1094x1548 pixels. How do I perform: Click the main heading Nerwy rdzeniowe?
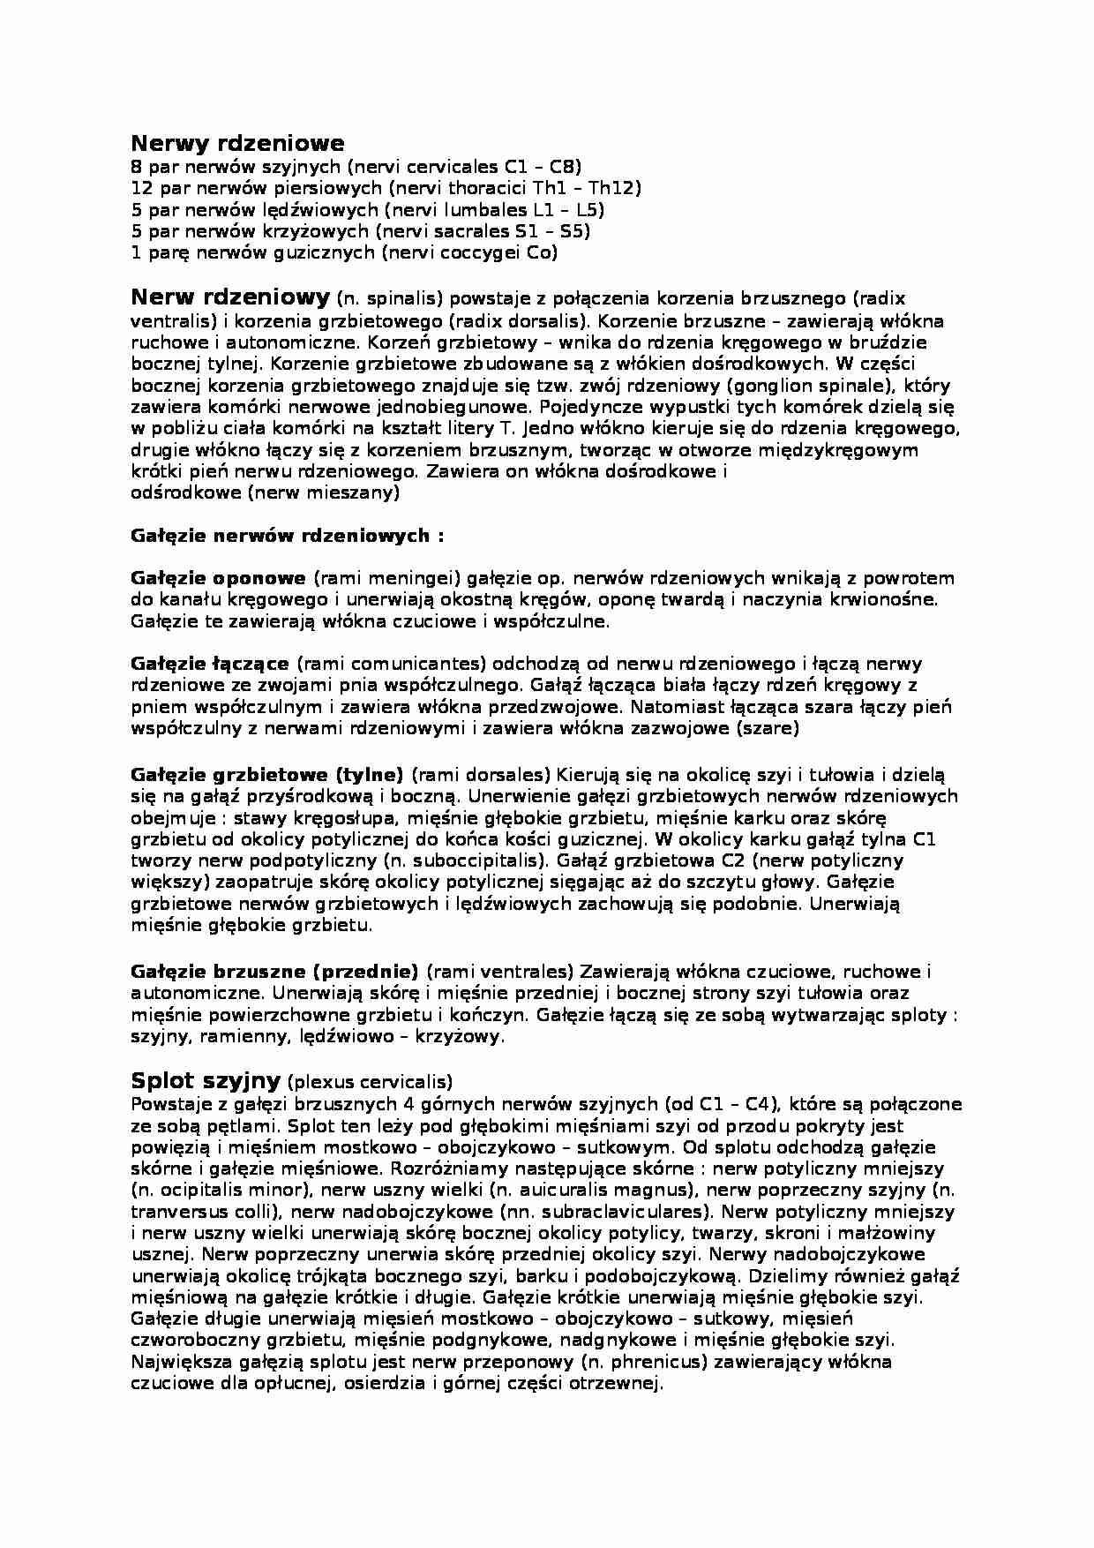point(237,143)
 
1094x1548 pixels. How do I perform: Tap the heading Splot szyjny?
point(206,1080)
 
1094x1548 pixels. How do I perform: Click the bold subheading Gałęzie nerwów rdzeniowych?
point(287,536)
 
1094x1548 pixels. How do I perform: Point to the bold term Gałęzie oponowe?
point(218,579)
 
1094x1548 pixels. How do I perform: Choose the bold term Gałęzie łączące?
point(210,664)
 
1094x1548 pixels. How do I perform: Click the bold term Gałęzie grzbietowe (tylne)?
point(266,775)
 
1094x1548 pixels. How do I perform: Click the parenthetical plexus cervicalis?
point(371,1082)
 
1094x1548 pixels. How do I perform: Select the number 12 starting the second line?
point(141,188)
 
